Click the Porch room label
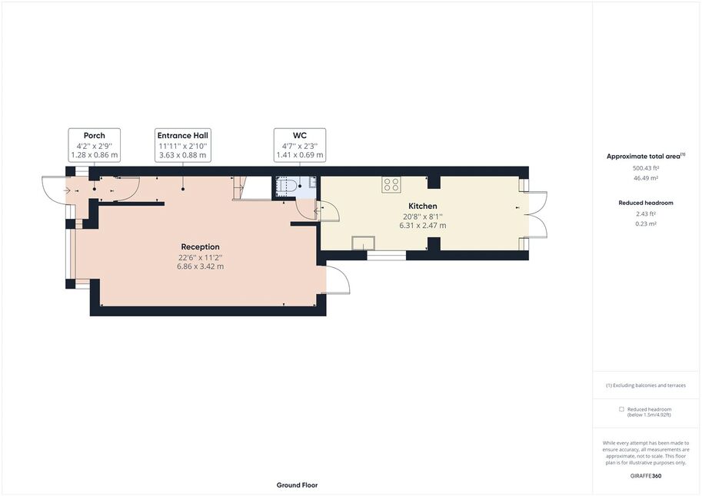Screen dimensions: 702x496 [95, 135]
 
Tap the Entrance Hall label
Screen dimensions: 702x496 [183, 135]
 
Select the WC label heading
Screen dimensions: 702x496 [300, 135]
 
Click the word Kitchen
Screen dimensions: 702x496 [423, 207]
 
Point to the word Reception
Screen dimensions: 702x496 [200, 247]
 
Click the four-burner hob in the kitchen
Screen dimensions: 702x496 [391, 185]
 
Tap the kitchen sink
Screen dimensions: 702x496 [363, 243]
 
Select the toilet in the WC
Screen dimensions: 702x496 [284, 186]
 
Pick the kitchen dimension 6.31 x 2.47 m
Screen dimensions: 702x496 [423, 226]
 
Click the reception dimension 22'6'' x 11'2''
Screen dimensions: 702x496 [200, 258]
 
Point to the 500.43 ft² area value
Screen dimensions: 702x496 [646, 168]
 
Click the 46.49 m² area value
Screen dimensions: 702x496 [646, 178]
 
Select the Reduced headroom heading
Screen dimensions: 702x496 [646, 203]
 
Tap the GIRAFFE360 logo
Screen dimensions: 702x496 [646, 476]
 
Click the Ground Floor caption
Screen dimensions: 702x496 [298, 485]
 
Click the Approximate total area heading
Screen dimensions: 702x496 [644, 157]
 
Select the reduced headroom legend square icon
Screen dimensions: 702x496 [621, 409]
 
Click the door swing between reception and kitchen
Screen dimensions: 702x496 [328, 212]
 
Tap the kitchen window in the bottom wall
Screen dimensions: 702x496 [386, 256]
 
